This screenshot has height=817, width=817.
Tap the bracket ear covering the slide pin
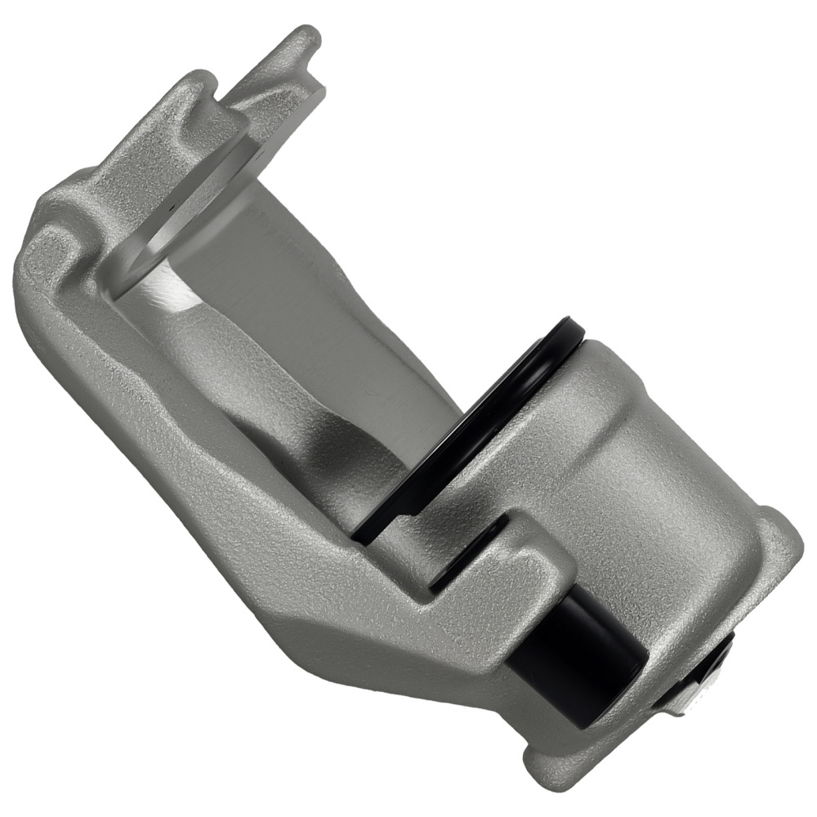(507, 588)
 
